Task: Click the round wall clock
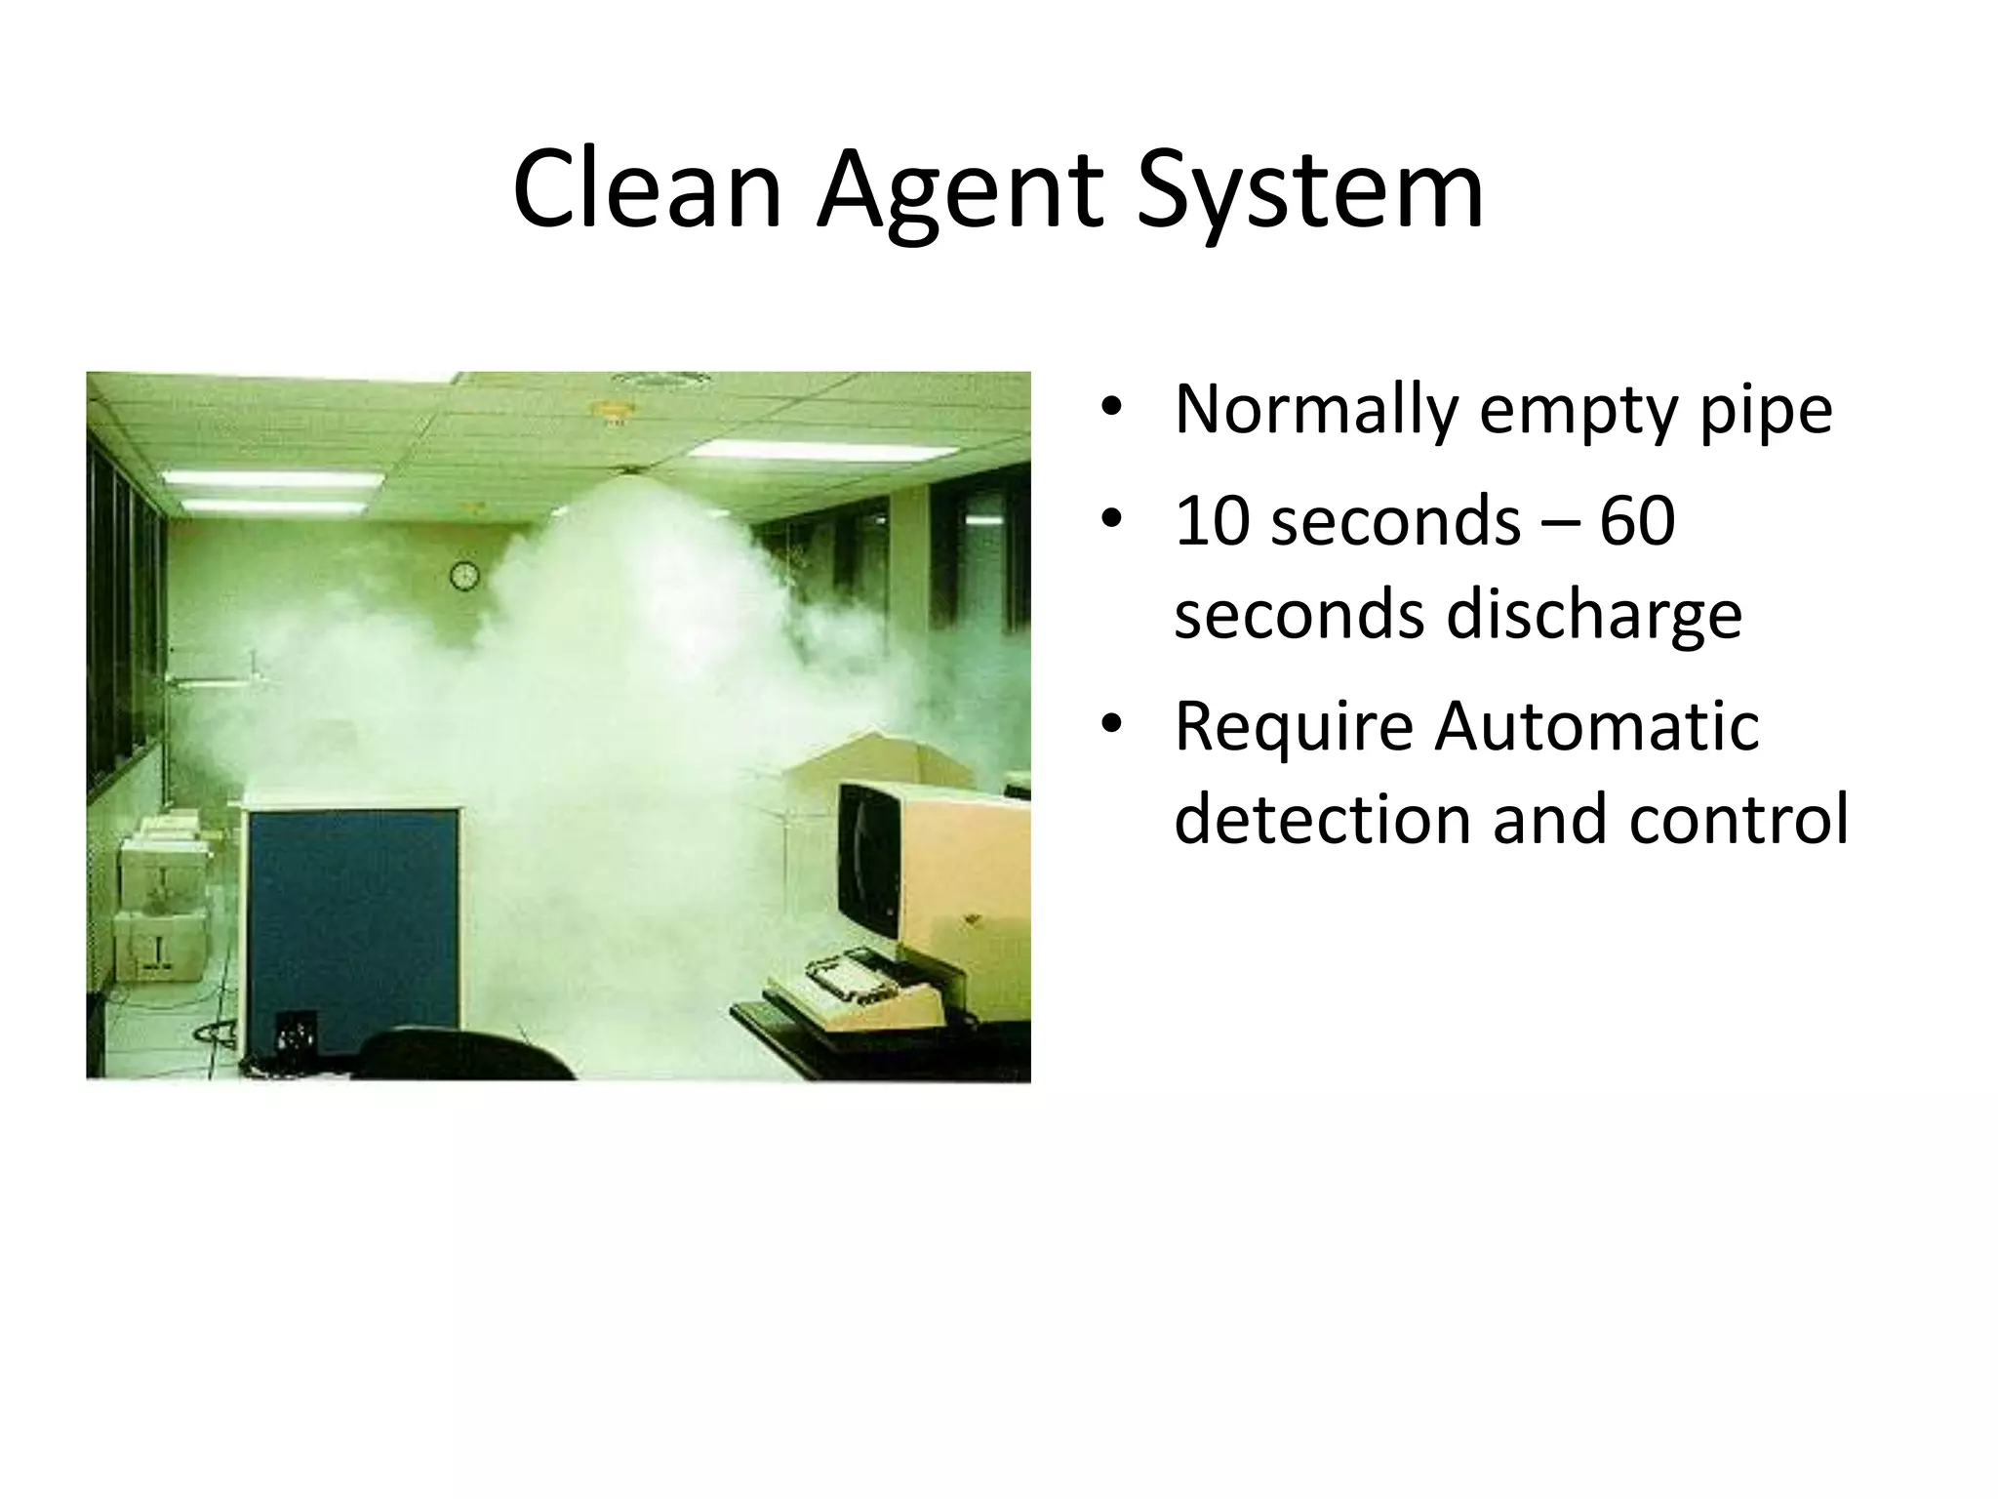coord(464,576)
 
